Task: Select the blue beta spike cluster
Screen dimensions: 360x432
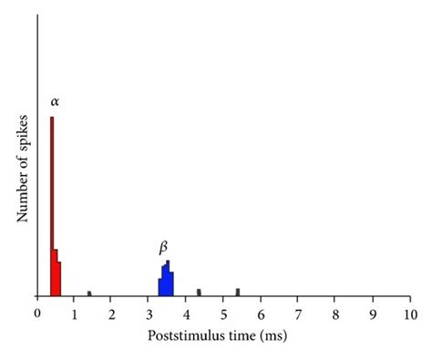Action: (x=166, y=282)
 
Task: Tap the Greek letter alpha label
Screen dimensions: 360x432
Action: (x=56, y=100)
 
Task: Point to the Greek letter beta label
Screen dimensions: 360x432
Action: (x=164, y=247)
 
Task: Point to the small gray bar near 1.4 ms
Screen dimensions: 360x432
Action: (x=89, y=293)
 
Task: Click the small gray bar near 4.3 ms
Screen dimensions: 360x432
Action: (x=199, y=293)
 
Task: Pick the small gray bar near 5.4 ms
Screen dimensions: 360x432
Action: (x=238, y=292)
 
